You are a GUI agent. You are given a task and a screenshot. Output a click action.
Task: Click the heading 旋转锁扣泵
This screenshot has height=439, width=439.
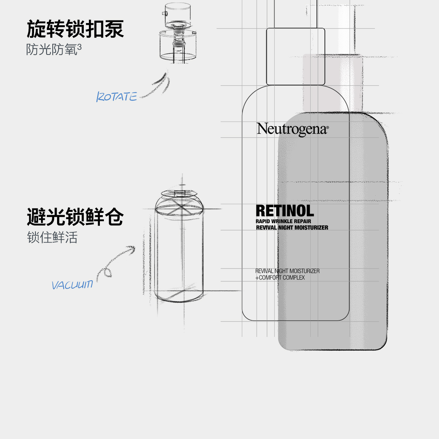click(x=75, y=29)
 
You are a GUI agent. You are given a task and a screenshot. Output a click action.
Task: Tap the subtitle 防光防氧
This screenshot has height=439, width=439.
click(x=51, y=50)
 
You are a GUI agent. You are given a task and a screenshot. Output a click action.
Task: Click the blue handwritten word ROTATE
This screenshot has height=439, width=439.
click(x=116, y=97)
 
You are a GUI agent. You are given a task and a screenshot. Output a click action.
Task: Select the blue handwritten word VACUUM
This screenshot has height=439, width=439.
click(x=72, y=285)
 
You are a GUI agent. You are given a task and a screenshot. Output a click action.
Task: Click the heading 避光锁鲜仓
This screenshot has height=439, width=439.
click(x=75, y=217)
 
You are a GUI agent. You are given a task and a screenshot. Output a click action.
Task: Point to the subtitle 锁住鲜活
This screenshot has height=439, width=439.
click(x=52, y=237)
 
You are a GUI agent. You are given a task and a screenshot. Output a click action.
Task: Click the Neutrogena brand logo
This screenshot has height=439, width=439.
click(x=292, y=129)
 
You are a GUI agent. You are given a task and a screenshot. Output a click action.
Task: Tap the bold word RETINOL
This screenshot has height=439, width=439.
click(x=285, y=211)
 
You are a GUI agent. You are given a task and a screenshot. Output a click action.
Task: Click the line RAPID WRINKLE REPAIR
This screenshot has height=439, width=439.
click(x=283, y=221)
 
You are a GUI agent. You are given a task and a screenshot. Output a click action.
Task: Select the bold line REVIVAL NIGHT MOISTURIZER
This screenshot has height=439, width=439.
click(x=292, y=228)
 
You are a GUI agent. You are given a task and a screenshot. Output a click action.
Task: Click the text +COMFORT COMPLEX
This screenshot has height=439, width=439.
click(x=280, y=278)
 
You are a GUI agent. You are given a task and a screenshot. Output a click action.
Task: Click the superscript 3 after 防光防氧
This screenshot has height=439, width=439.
click(x=80, y=46)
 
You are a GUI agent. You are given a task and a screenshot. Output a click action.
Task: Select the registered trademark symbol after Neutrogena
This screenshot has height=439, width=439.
click(x=327, y=128)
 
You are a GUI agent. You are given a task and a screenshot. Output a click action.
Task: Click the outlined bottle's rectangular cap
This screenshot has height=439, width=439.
click(x=295, y=56)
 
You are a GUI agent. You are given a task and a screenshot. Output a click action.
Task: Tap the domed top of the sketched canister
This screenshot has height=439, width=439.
click(x=178, y=199)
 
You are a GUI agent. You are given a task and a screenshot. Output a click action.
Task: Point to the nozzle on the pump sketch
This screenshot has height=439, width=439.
click(x=164, y=14)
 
